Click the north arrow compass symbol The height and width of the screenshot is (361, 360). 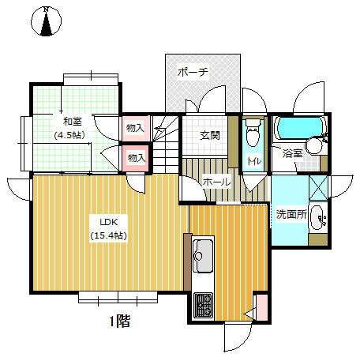46,21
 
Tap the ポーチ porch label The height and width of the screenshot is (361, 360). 193,72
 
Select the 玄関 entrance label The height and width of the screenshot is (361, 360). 210,136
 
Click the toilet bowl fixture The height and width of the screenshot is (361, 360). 253,133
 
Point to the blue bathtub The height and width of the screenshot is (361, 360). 300,128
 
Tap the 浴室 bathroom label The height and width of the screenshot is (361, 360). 292,153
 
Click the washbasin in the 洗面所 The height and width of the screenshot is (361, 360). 318,217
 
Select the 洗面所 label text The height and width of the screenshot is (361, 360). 291,214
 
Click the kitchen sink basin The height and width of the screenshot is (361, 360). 203,256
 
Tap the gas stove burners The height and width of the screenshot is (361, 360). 203,306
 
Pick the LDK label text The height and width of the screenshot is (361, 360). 109,222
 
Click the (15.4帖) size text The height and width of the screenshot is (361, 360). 109,235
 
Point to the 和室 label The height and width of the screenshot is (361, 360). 73,122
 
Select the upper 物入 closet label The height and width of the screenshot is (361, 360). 135,128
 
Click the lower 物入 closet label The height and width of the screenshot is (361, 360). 137,158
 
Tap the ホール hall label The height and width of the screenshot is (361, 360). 216,182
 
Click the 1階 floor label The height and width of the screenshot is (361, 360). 120,321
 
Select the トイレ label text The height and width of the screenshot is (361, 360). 254,161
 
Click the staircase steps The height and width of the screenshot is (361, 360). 166,145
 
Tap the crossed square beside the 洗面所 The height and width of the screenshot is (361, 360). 318,188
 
